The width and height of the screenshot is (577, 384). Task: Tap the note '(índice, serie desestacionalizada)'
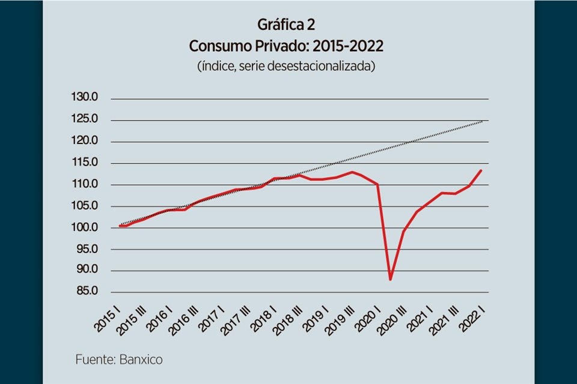click(286, 66)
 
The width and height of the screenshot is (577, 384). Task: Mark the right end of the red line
click(481, 170)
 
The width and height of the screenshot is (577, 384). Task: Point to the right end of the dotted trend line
click(483, 121)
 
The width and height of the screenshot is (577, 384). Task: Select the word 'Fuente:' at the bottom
click(96, 360)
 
